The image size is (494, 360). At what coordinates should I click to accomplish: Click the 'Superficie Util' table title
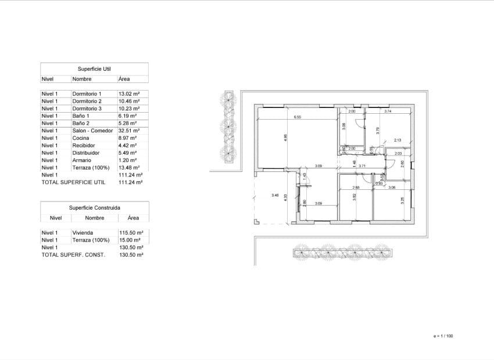(94, 69)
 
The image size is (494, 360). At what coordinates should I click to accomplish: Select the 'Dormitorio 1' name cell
(87, 93)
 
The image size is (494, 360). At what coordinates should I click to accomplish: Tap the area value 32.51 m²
(129, 131)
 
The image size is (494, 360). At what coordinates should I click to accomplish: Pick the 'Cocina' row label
(80, 138)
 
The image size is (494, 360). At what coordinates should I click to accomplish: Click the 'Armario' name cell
(81, 160)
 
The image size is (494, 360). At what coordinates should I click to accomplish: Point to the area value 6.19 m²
(128, 116)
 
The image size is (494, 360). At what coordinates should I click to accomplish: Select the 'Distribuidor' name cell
(85, 153)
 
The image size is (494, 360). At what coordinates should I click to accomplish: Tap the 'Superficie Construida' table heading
(94, 207)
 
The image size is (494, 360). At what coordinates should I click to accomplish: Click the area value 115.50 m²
(131, 232)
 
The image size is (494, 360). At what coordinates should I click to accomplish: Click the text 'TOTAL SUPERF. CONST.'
(73, 254)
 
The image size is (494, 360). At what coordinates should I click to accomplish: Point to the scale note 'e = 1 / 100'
(443, 336)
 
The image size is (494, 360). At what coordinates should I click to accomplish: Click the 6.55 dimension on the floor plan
(298, 117)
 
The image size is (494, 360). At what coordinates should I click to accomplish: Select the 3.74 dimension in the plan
(389, 111)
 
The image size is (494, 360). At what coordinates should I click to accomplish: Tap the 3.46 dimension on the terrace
(275, 196)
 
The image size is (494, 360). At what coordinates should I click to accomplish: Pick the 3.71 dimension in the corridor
(362, 166)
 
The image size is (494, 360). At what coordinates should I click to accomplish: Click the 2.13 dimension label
(398, 141)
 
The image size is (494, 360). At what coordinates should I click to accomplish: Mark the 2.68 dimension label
(356, 188)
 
